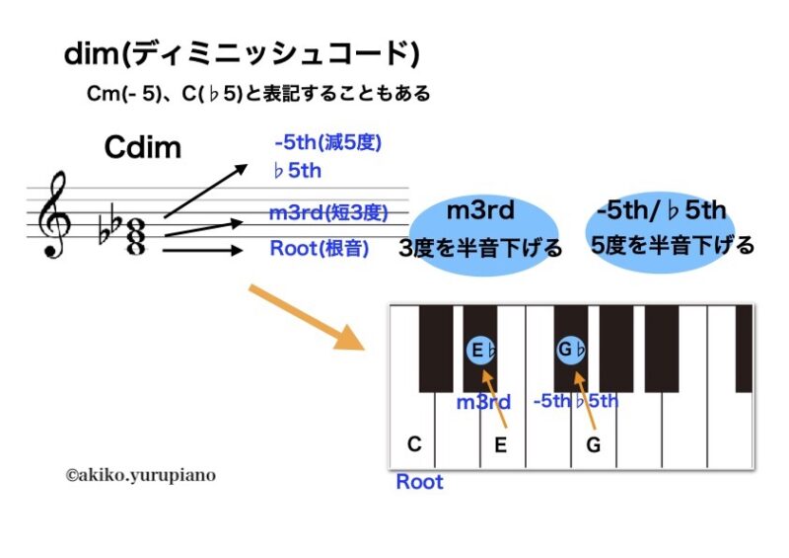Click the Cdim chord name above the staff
(x=143, y=148)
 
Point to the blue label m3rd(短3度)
(x=327, y=212)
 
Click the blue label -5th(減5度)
(x=327, y=143)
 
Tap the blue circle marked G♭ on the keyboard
(x=572, y=351)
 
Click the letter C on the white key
(x=414, y=444)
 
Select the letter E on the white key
(x=501, y=444)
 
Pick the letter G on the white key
(x=593, y=444)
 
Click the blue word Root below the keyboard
(x=419, y=482)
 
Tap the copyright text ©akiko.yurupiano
(x=140, y=475)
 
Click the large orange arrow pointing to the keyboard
(x=306, y=318)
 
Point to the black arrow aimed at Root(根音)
(x=202, y=251)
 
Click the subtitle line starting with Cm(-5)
(x=258, y=95)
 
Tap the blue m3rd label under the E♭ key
(x=483, y=402)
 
